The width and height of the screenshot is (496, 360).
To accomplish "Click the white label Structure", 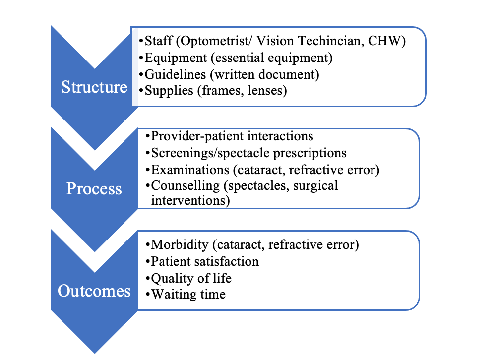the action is coord(94,87).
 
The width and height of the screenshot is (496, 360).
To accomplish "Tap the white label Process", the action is coord(94,188).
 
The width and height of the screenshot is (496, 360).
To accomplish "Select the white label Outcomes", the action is coord(94,291).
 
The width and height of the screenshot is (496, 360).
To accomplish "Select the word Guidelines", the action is coord(175,74).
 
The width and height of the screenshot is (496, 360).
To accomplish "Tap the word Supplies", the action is coord(169,91).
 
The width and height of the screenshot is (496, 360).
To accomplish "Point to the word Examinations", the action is coord(190,170).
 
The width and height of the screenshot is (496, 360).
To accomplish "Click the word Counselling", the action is coord(186,186).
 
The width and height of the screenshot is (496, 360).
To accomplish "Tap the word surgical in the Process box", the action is coord(315,186).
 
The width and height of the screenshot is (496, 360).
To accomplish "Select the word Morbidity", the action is coord(180,245).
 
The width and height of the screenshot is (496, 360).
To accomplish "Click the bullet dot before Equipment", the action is coord(141,58).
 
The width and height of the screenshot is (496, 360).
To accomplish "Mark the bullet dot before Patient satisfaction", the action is coord(147,262).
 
